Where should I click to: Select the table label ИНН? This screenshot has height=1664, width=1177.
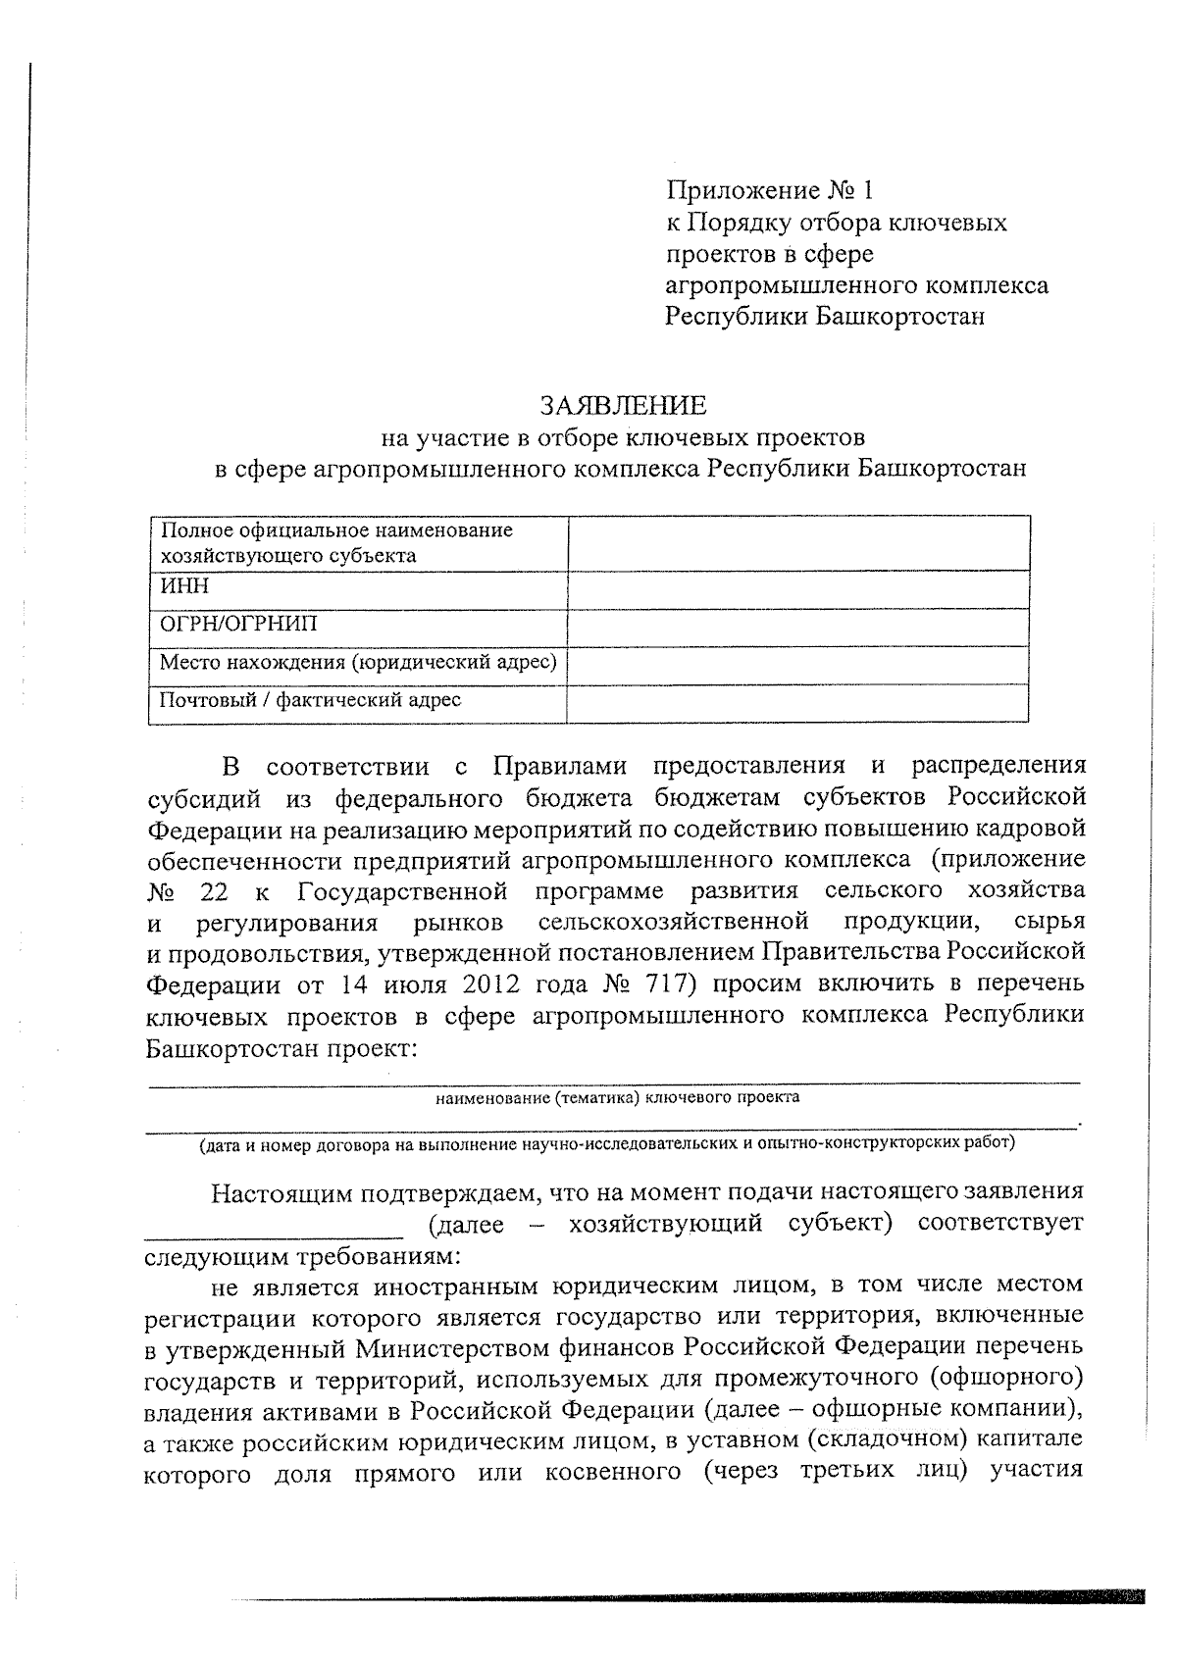(x=184, y=586)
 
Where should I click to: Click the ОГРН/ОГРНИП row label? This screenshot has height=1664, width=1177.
(x=238, y=625)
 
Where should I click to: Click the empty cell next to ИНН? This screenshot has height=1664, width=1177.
(x=797, y=590)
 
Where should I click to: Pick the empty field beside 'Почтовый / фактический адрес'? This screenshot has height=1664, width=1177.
(x=797, y=703)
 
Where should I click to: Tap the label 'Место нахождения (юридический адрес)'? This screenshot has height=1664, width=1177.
(x=358, y=663)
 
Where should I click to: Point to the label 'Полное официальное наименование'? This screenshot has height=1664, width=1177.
(x=336, y=530)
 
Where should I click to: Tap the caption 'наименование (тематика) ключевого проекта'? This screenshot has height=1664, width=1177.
(x=617, y=1097)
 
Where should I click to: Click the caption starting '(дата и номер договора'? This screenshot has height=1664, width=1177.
(x=607, y=1143)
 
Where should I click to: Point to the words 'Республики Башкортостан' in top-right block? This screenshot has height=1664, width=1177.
(x=824, y=317)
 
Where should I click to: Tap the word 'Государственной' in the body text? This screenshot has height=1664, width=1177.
(x=402, y=890)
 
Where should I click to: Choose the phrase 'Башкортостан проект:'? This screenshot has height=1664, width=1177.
(x=282, y=1046)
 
